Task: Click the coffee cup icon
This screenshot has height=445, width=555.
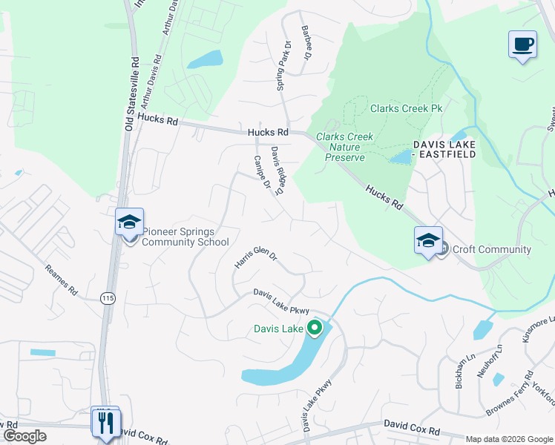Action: (x=522, y=44)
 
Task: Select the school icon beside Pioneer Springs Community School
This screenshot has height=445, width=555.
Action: (x=129, y=222)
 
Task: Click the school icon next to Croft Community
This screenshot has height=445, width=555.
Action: (x=428, y=240)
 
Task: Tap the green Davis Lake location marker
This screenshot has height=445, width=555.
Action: (x=315, y=327)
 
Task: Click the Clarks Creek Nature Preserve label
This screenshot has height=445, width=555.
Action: (x=345, y=147)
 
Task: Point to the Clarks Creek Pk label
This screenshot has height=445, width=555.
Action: (x=406, y=108)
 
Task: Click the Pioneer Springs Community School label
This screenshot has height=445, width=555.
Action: (x=175, y=237)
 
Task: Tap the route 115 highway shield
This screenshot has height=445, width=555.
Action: (x=107, y=297)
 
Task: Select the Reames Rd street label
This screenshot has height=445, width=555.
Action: (x=61, y=280)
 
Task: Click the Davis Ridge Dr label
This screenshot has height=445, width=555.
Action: (x=278, y=171)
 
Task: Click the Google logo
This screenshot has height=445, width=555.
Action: (x=24, y=436)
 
